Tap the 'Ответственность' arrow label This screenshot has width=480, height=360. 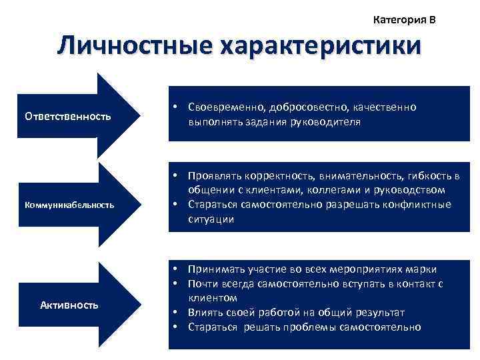pos(67,117)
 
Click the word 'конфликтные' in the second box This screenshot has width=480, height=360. pos(417,205)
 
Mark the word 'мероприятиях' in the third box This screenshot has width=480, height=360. pos(370,269)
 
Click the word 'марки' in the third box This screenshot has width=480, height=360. pos(423,269)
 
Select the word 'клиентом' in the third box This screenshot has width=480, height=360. pos(209,298)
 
